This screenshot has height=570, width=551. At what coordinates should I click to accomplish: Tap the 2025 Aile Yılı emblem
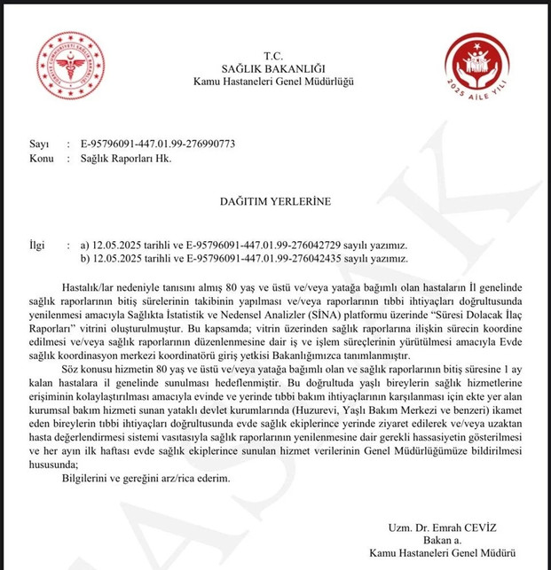(476, 67)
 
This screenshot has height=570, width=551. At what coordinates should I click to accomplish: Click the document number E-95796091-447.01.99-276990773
(157, 144)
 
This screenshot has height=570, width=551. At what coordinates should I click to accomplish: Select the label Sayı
(37, 144)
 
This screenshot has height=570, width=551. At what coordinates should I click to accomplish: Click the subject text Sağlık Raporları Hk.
(121, 158)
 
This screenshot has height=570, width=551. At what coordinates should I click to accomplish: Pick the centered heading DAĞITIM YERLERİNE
(274, 201)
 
